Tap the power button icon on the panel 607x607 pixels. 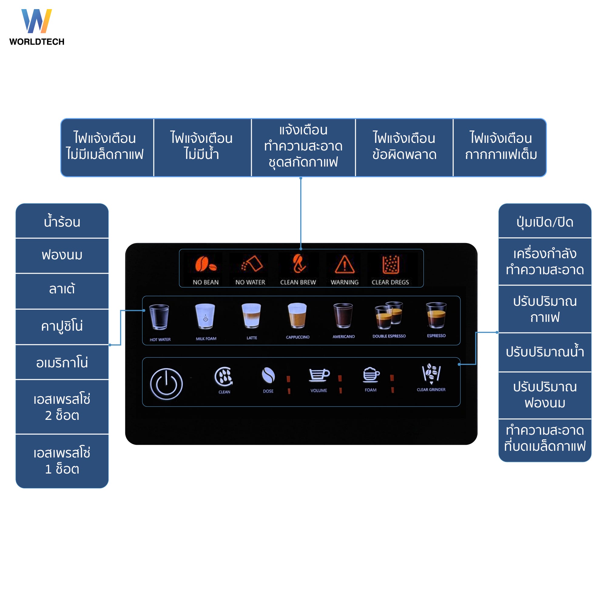166,384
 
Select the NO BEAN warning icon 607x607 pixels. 205,264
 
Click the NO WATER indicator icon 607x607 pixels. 252,264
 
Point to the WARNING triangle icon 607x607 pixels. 345,264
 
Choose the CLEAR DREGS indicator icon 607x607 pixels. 390,264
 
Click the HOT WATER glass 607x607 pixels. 159,316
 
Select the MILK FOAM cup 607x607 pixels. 205,316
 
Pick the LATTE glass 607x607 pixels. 251,315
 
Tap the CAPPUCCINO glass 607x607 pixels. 297,315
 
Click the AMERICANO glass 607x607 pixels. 343,315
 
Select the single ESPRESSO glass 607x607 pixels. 436,315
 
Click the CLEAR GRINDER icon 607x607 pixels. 431,373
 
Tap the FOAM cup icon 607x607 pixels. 371,375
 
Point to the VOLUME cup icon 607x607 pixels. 319,375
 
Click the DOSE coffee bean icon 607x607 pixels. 268,376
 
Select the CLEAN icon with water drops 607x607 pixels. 224,376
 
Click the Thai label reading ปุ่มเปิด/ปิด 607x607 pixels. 545,222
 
